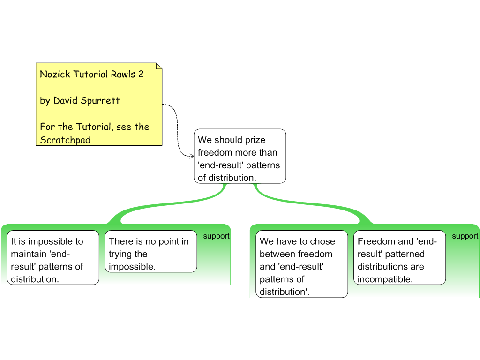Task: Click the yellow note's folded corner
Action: tap(159, 66)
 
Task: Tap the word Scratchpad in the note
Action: tap(65, 140)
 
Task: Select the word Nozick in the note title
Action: tap(53, 74)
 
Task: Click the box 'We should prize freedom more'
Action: tap(240, 156)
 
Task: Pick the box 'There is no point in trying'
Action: tap(150, 251)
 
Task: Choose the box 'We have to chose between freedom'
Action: tap(303, 264)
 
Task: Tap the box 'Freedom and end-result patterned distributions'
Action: tap(399, 257)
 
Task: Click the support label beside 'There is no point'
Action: tap(216, 236)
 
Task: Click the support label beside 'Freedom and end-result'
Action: tap(465, 236)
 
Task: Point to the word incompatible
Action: tap(385, 279)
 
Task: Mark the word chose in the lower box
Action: tap(322, 241)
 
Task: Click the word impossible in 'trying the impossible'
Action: tap(132, 267)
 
